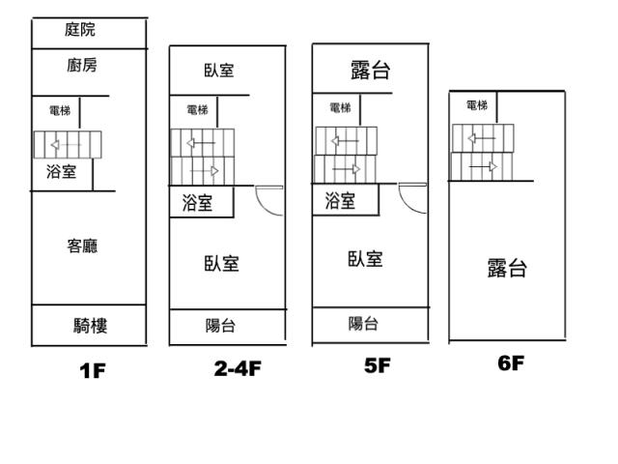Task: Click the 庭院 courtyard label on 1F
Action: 80,30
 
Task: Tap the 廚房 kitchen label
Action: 82,65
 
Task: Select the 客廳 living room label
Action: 82,246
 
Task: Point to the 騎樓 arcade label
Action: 90,326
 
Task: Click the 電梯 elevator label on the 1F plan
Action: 60,110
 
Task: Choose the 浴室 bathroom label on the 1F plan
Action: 62,172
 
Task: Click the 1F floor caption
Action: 93,371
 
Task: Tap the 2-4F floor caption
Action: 238,368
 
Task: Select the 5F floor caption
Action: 378,365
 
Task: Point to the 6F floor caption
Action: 511,363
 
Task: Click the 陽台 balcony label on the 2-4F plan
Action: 221,326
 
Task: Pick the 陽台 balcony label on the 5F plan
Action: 363,324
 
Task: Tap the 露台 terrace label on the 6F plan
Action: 507,268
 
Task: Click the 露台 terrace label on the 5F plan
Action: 371,71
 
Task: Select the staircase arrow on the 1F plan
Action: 67,145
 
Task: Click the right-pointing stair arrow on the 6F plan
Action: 483,166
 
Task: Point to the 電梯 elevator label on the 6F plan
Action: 477,105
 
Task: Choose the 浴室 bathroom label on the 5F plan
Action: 340,200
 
